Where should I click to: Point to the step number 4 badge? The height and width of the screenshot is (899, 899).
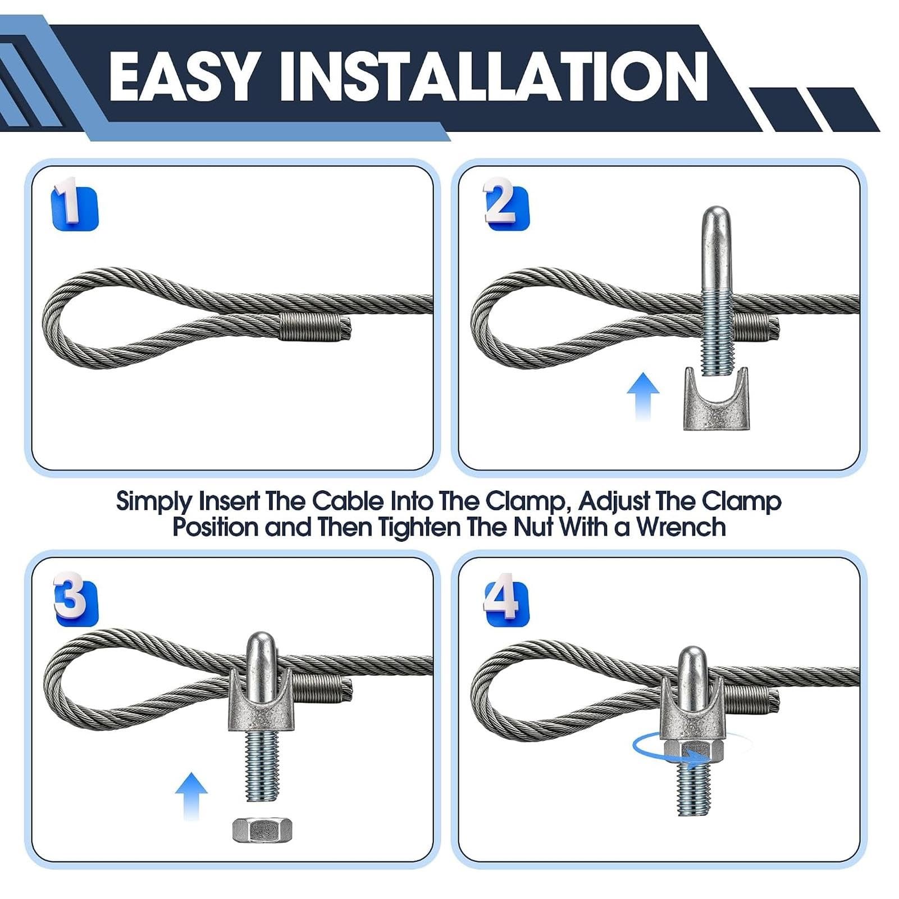pos(506,600)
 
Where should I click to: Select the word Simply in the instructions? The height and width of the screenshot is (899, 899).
pos(154,501)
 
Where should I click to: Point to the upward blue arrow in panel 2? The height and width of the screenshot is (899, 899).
pos(643,397)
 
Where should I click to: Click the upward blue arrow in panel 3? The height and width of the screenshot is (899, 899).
pos(191,796)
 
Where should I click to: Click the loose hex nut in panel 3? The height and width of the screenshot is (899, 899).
pos(263,830)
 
